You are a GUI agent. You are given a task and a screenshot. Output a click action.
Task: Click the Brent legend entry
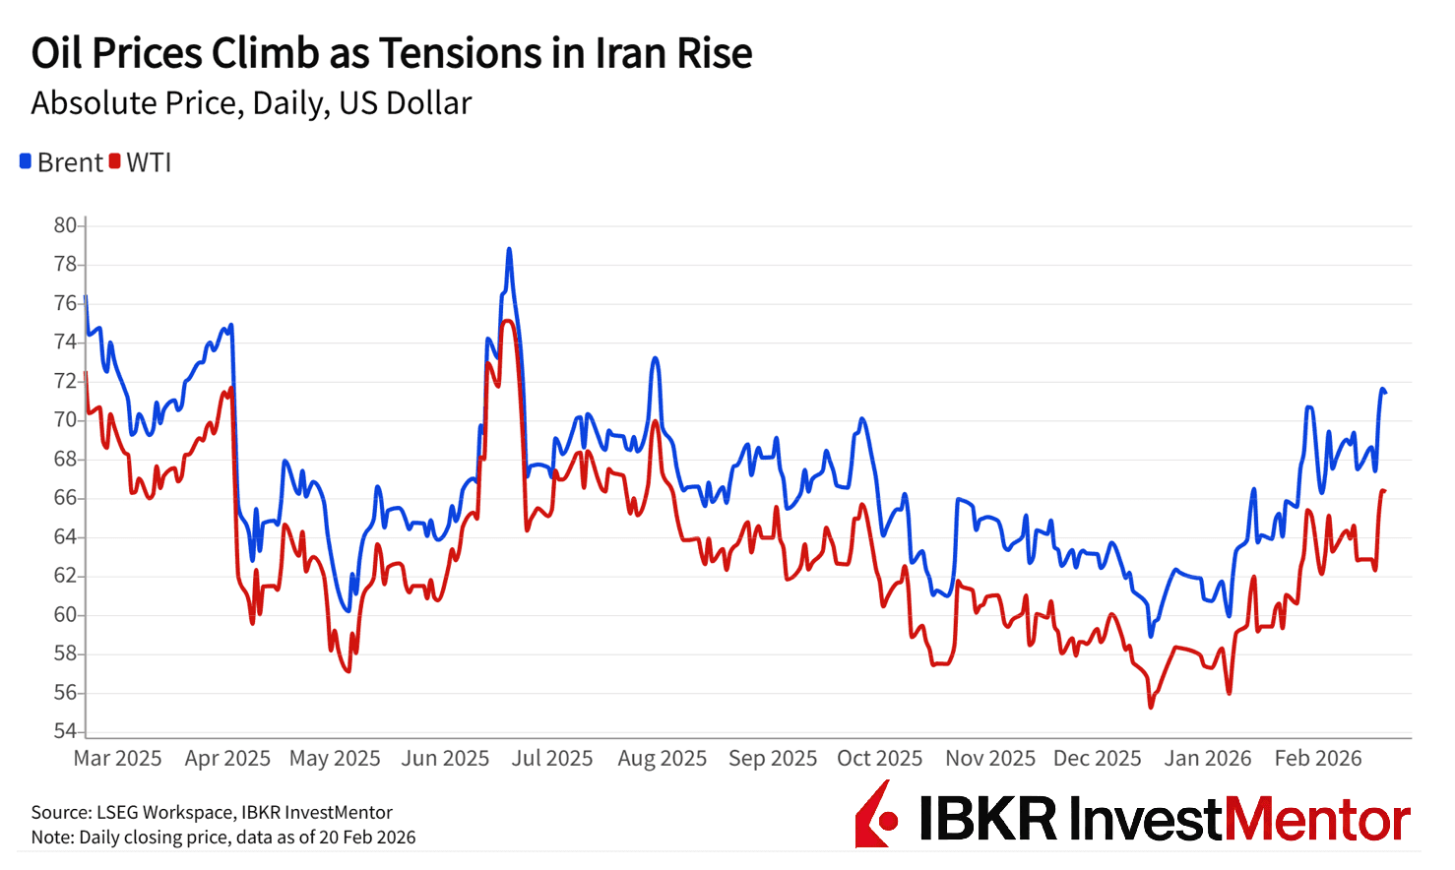61,162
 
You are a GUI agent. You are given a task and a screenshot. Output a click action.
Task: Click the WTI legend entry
141,162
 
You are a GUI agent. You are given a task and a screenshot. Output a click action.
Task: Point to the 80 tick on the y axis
65,225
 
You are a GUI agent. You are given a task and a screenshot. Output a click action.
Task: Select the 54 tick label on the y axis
65,731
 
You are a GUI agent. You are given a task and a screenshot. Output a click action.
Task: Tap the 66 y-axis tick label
65,498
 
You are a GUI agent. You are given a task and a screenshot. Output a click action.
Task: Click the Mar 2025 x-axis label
117,759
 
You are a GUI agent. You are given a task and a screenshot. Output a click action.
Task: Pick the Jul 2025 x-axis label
551,759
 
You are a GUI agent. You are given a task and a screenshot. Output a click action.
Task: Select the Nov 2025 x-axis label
989,759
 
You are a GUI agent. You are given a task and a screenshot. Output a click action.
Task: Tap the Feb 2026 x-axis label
1317,759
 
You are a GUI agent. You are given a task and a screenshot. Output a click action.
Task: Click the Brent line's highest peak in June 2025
509,249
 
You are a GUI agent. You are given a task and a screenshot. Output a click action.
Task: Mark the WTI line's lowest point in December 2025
1150,707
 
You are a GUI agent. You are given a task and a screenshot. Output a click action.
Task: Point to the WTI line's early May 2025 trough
348,671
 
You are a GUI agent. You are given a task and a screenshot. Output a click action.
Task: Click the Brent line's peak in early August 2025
655,358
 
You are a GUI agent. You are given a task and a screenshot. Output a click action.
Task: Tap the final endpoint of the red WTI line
1384,490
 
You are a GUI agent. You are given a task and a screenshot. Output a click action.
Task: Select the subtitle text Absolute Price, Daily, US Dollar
251,103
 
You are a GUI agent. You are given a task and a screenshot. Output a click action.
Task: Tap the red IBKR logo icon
876,815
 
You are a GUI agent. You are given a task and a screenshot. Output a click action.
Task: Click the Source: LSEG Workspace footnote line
212,813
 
